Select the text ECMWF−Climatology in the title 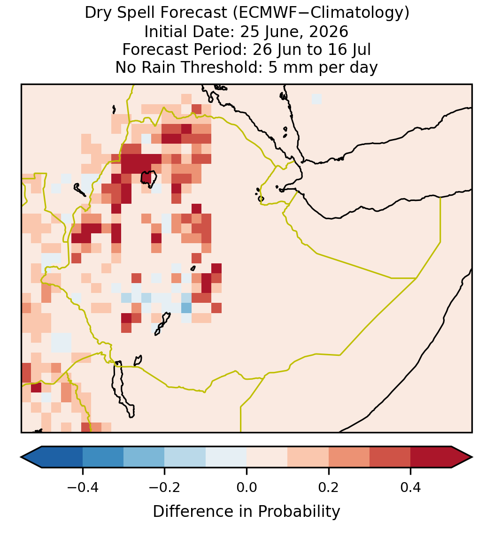(321, 13)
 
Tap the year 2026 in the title (328, 31)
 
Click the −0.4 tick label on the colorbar (82, 487)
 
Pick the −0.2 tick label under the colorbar (164, 487)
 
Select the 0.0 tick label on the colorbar (246, 487)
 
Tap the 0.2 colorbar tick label (329, 487)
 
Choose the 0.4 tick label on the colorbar (411, 487)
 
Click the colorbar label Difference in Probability (246, 511)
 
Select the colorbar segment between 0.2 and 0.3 (349, 457)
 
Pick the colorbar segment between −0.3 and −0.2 (144, 457)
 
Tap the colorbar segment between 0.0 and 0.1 (267, 457)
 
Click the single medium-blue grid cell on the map (186, 308)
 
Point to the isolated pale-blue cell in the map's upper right (316, 99)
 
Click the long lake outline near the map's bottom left (123, 389)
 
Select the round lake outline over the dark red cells (149, 179)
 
